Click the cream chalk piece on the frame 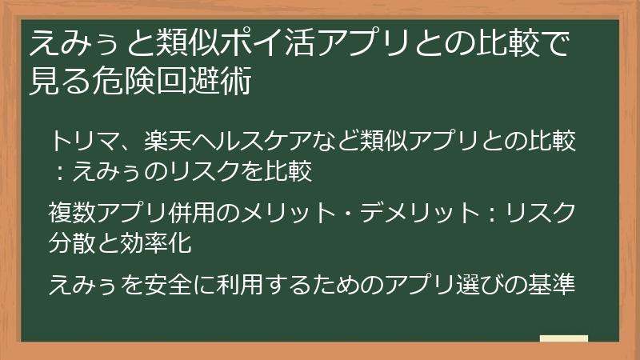pos(563,339)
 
